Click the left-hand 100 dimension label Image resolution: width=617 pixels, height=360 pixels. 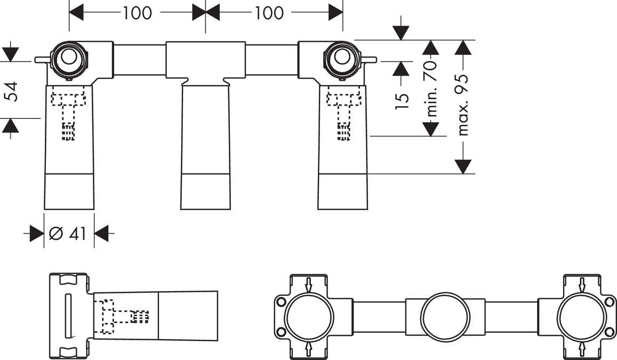click(x=138, y=13)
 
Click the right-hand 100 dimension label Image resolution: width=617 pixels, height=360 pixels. click(x=269, y=13)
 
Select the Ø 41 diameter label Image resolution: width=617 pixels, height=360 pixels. click(x=67, y=234)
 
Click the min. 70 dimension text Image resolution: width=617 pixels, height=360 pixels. click(x=431, y=88)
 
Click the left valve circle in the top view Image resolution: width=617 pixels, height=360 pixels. click(x=69, y=57)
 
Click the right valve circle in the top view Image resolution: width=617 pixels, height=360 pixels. click(x=340, y=58)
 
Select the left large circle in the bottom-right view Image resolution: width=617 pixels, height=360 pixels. click(x=309, y=317)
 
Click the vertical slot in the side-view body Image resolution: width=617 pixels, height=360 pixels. click(x=68, y=317)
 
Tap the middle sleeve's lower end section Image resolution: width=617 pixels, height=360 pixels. click(x=205, y=191)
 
